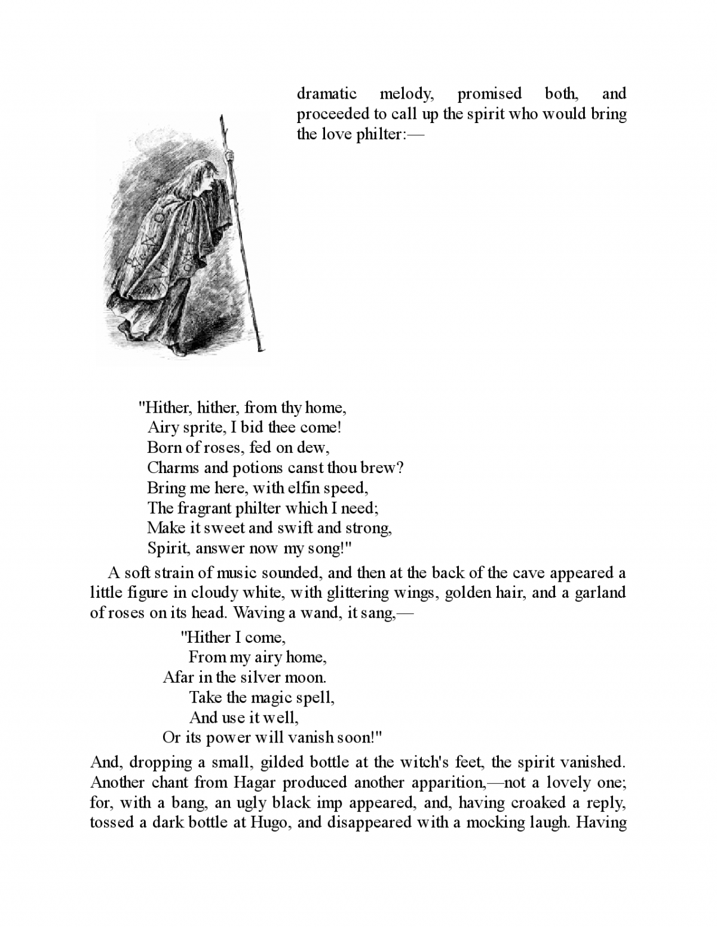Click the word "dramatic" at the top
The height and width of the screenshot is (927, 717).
coord(327,94)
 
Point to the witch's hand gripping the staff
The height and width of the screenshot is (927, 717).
coord(228,156)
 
